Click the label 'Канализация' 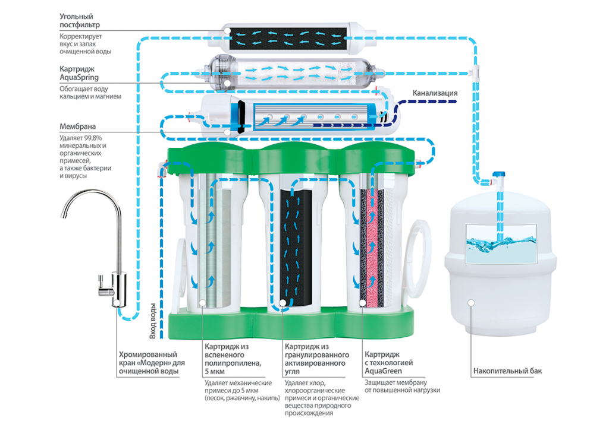435,93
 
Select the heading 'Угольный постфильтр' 80,21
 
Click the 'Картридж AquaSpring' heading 79,73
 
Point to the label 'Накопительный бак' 507,372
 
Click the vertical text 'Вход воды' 153,321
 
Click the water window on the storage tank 500,243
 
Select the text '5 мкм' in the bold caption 216,371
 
